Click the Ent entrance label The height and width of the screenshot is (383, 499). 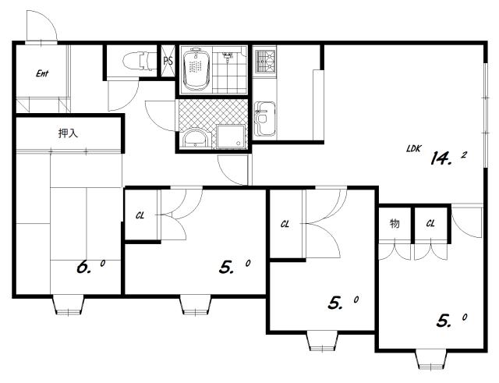[x=42, y=73]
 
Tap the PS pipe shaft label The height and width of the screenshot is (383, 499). [x=168, y=61]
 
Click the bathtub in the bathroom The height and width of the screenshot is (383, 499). [x=196, y=69]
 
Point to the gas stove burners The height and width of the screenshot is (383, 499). [x=265, y=60]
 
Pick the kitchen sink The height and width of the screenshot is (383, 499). [x=265, y=119]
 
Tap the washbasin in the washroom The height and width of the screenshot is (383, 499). [x=195, y=138]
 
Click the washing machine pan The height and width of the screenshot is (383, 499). [x=231, y=137]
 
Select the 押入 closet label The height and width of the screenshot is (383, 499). [x=68, y=133]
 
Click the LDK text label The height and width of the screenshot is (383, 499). [x=414, y=148]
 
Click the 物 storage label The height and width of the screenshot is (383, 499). [x=395, y=224]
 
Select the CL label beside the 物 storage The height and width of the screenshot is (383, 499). [x=430, y=224]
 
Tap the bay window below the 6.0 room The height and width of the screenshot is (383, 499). [x=68, y=305]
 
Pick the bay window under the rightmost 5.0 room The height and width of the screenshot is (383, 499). [x=431, y=360]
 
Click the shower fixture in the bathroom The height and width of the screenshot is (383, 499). [x=227, y=57]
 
